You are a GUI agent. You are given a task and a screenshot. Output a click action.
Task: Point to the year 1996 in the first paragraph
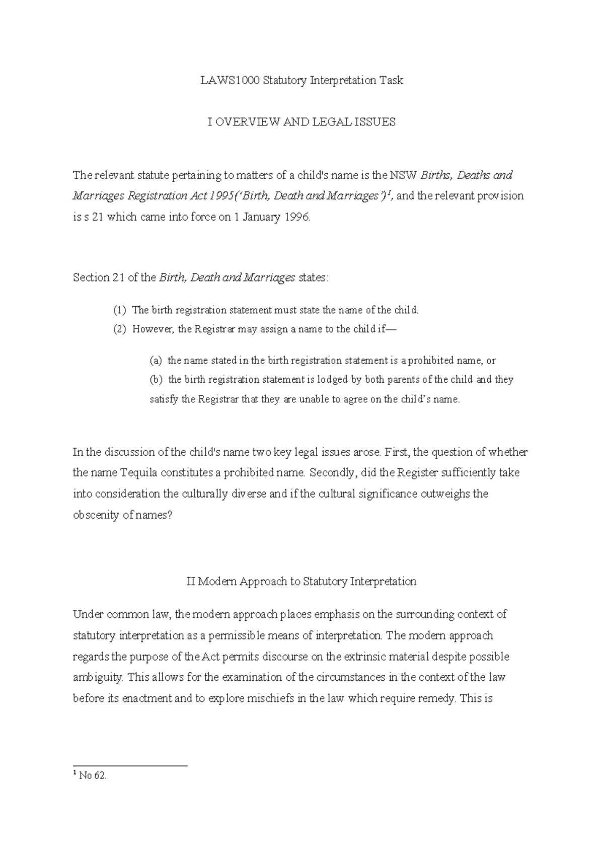coord(295,218)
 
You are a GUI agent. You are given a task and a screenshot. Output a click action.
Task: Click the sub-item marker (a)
coord(156,361)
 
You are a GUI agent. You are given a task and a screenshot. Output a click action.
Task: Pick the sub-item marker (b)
coord(157,380)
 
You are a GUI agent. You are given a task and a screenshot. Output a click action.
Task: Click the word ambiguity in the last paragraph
coord(98,678)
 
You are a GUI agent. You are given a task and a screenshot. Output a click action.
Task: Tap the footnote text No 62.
coord(93,776)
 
